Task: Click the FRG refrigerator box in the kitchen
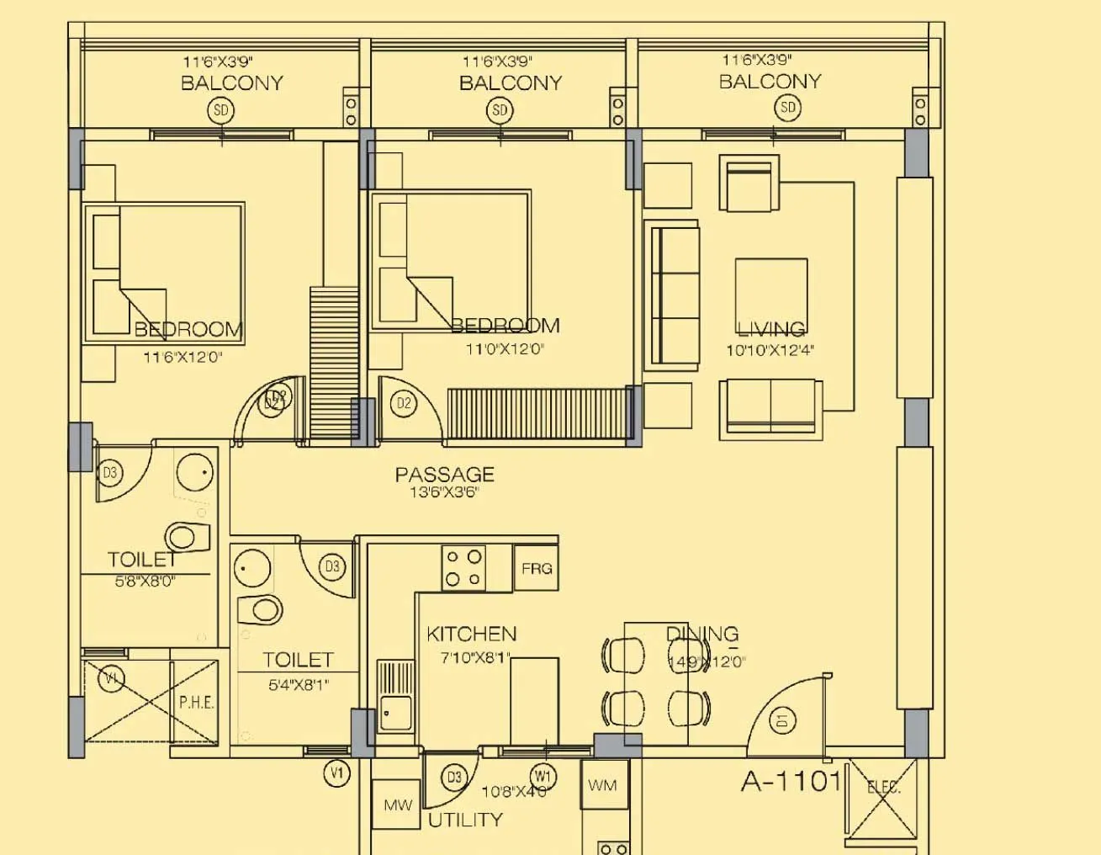(x=536, y=569)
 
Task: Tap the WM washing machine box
(x=602, y=785)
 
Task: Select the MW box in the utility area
(x=397, y=805)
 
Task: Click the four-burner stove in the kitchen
(x=463, y=568)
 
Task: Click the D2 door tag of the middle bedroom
(x=404, y=403)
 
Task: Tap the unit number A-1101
(x=791, y=781)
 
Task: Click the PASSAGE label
(x=444, y=474)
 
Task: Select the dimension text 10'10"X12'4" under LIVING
(x=770, y=350)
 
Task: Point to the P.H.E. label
(x=196, y=703)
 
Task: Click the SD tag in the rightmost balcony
(x=787, y=107)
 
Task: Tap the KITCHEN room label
(x=471, y=634)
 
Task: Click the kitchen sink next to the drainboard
(x=394, y=713)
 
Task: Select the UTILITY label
(x=465, y=820)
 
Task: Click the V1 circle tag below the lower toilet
(x=336, y=773)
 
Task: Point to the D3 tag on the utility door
(x=454, y=777)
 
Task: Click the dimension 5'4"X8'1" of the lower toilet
(x=298, y=685)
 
